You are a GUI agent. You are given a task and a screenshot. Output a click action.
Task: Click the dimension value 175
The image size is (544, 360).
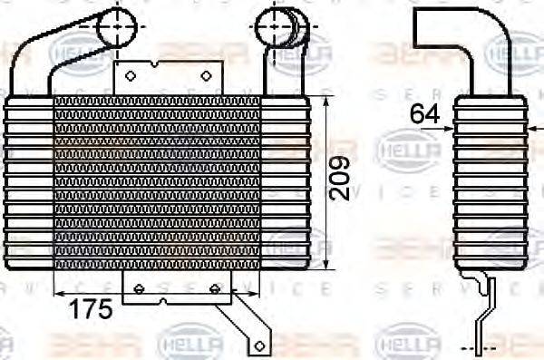[x=92, y=308]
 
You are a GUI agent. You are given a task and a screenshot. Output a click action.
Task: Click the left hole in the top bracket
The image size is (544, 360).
[x=130, y=75]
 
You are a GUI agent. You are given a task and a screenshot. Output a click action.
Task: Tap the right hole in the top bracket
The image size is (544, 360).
[x=206, y=75]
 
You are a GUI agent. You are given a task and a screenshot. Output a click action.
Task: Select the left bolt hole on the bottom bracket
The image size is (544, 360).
[x=139, y=288]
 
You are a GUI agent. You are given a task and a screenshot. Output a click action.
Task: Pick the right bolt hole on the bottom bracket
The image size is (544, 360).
[x=215, y=288]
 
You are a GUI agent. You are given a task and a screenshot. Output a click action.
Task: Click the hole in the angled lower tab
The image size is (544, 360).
[x=258, y=345]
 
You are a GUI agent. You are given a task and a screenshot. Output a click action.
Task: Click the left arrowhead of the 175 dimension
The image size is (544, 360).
[x=58, y=293]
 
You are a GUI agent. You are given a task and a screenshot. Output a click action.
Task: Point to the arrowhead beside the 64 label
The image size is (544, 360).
[x=448, y=128]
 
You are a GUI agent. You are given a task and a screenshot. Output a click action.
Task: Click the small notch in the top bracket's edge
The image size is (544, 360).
[x=159, y=63]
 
